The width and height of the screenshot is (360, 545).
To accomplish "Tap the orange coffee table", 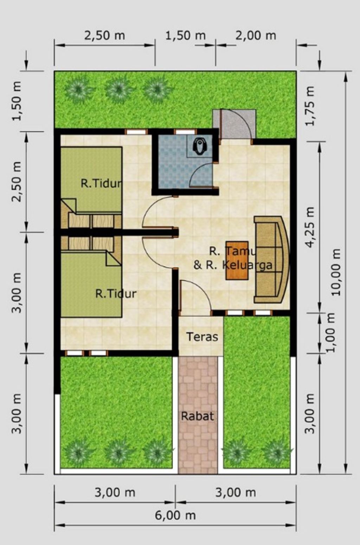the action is [237, 260].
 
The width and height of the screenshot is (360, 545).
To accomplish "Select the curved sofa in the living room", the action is [271, 259].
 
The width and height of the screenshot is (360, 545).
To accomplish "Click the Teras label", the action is [202, 337].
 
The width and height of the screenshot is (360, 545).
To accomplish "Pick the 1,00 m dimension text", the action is [331, 333].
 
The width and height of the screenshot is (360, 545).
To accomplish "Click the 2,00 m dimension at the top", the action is [256, 36].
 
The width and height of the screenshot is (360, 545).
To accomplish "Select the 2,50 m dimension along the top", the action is [105, 36].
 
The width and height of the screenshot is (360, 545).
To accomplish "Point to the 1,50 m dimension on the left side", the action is [17, 101].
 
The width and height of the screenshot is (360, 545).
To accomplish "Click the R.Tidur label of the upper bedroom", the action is [101, 184].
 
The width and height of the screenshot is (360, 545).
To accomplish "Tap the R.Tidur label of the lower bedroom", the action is [116, 294].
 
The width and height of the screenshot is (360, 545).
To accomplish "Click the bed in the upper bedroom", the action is [91, 180].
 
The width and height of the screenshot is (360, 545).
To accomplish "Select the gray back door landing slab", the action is [234, 124].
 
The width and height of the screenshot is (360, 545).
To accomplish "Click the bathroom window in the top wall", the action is [185, 132].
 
